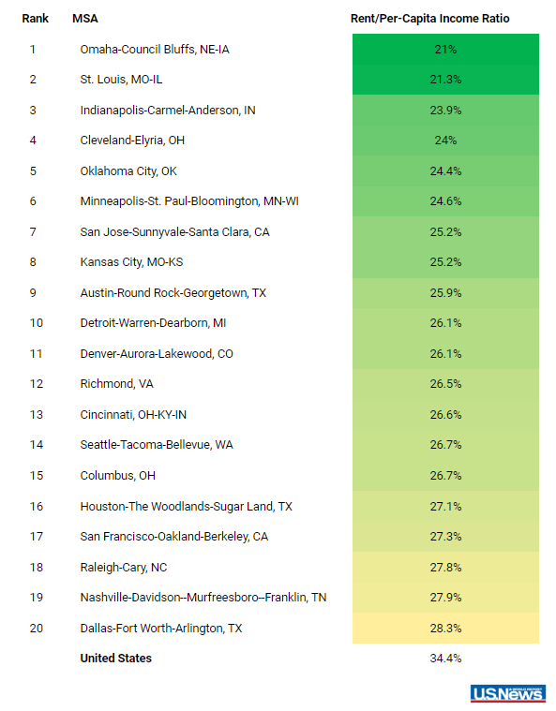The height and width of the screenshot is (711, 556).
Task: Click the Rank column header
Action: point(35,19)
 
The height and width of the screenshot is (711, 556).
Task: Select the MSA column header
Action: point(85,19)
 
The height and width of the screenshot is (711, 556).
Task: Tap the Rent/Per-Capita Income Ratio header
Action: point(429,19)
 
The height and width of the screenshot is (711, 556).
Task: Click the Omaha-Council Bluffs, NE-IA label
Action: point(155,50)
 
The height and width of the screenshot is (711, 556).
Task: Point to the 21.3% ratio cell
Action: point(445,80)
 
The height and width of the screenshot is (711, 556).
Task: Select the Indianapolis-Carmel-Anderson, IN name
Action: point(168,111)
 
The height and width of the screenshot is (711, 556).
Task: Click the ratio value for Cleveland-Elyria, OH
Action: point(445,141)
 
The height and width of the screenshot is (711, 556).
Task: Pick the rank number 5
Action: point(33,170)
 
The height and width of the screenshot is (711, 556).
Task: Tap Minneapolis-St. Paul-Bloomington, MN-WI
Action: point(189,201)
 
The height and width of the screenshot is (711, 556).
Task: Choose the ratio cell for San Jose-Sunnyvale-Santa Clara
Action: point(445,231)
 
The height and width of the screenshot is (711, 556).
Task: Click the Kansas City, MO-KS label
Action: point(131,262)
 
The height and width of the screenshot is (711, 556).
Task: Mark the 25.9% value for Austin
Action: point(445,293)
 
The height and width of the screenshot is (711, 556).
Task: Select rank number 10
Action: point(37,323)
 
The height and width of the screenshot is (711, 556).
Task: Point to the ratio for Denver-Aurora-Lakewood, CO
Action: point(445,354)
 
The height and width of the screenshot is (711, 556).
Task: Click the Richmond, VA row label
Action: point(116,384)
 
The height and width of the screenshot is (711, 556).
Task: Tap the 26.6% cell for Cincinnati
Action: point(445,414)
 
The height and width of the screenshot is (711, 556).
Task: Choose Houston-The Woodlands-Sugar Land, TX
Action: point(186,507)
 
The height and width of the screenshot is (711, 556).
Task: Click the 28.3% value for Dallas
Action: point(445,629)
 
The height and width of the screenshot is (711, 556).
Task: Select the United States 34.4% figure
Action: point(445,659)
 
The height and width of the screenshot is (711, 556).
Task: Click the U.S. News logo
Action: point(508,693)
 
